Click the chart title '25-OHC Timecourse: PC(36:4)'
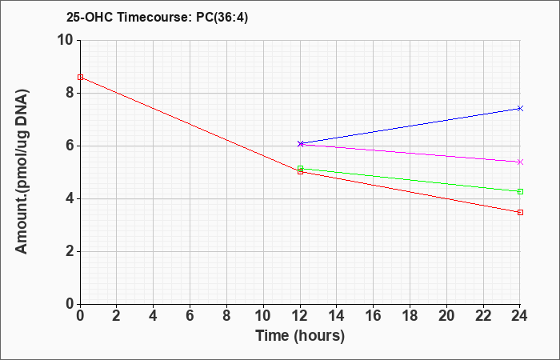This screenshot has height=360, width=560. (157, 17)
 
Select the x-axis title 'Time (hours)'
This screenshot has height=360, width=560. (300, 336)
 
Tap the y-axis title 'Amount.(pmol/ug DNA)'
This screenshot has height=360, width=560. (22, 171)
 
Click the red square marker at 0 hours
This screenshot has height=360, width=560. (80, 77)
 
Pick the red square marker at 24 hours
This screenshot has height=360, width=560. (520, 213)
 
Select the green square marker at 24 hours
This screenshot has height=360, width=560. (520, 192)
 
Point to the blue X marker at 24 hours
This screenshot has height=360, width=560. (520, 108)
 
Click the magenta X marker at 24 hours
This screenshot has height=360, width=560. (520, 162)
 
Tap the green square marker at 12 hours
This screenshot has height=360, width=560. (300, 168)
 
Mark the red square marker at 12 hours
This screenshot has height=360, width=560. (300, 172)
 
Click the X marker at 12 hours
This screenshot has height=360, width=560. (300, 143)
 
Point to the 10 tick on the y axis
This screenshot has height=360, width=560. (66, 40)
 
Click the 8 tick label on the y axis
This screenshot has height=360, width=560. (70, 93)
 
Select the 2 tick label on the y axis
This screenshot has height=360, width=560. (70, 251)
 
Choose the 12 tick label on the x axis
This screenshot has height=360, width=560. (300, 316)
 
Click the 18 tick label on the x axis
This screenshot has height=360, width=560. (410, 316)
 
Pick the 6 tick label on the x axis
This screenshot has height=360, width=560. (190, 316)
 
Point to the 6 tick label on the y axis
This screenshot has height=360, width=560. (70, 146)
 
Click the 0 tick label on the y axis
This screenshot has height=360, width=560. (70, 304)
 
